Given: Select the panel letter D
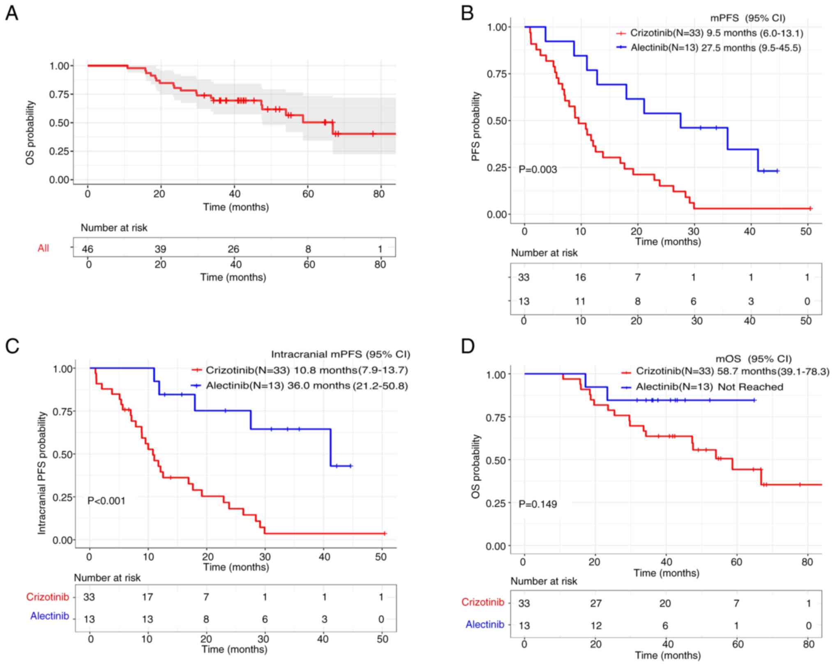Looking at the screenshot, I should coord(468,346).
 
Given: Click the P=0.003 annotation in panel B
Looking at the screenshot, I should coord(537,169).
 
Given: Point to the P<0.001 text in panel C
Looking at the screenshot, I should coord(106,501).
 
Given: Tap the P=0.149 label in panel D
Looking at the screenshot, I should coord(537,504).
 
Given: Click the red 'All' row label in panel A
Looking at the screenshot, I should coord(43,248).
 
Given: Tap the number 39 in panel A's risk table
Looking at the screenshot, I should coord(160,249).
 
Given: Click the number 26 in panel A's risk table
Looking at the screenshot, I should coord(233,249).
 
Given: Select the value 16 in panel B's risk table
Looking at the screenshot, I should coord(580,277).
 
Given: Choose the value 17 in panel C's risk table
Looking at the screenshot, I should coord(148,597).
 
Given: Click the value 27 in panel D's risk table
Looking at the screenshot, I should coord(596,603).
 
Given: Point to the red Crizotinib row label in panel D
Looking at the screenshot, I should coord(482,602).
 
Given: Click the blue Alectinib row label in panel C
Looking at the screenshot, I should coord(50,616).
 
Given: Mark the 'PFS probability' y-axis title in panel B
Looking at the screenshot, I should coord(476,126).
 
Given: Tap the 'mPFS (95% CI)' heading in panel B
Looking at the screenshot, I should coord(747,18).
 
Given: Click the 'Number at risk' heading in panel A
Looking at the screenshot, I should coord(114,227).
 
